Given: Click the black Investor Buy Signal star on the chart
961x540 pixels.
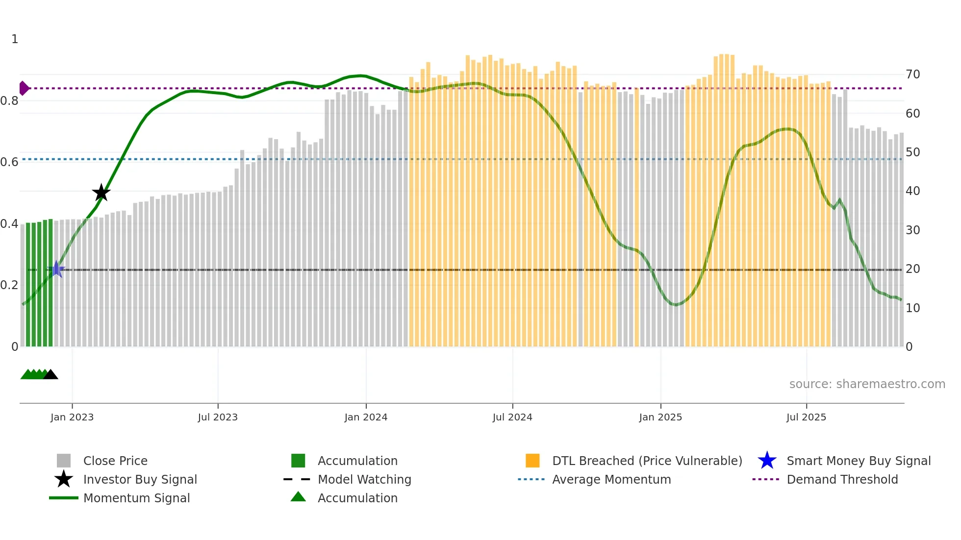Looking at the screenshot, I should point(101,193).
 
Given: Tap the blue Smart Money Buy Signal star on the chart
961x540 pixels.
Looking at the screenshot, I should point(57,269).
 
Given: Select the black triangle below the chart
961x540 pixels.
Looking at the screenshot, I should point(51,375).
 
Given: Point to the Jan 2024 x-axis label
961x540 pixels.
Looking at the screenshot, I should point(366,417).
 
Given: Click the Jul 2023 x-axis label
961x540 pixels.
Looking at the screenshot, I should point(218,417).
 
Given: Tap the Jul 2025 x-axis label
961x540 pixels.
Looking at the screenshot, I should point(806,417).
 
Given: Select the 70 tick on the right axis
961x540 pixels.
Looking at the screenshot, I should point(912,74).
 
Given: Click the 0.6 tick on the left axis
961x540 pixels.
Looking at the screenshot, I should point(10,162).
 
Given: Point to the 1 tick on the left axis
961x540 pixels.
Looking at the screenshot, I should point(15,39).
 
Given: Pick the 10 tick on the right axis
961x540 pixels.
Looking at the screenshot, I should point(912,308).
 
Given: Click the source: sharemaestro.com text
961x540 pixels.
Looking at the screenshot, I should point(867,384).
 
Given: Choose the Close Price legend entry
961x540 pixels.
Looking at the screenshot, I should point(115,461).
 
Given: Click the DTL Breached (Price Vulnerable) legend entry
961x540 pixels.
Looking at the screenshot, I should point(647,461).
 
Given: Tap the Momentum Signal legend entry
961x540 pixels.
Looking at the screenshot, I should point(136,498).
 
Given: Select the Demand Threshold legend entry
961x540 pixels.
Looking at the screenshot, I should point(842,479).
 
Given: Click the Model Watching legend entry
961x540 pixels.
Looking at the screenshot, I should point(364,479).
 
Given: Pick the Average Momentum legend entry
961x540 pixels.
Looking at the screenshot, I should point(611,479).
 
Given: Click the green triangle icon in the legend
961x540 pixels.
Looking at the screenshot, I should point(298,497).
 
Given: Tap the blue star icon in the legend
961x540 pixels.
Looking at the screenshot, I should point(767,461).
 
